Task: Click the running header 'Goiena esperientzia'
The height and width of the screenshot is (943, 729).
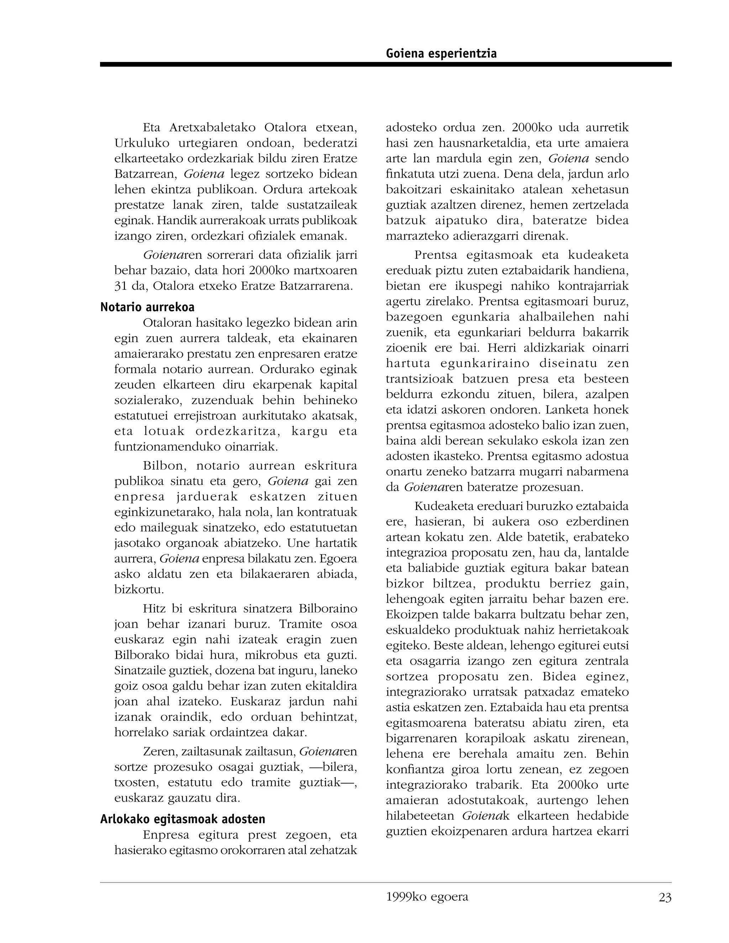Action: click(441, 53)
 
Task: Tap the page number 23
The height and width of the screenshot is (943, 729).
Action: click(665, 898)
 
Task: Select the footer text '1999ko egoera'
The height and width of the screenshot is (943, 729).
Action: click(427, 897)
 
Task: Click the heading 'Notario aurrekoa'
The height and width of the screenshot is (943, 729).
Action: click(147, 307)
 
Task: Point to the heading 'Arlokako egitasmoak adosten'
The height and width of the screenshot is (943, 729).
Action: click(183, 819)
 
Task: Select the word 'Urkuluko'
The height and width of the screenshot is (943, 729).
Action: click(142, 143)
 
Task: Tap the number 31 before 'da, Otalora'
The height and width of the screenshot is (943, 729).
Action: click(121, 286)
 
